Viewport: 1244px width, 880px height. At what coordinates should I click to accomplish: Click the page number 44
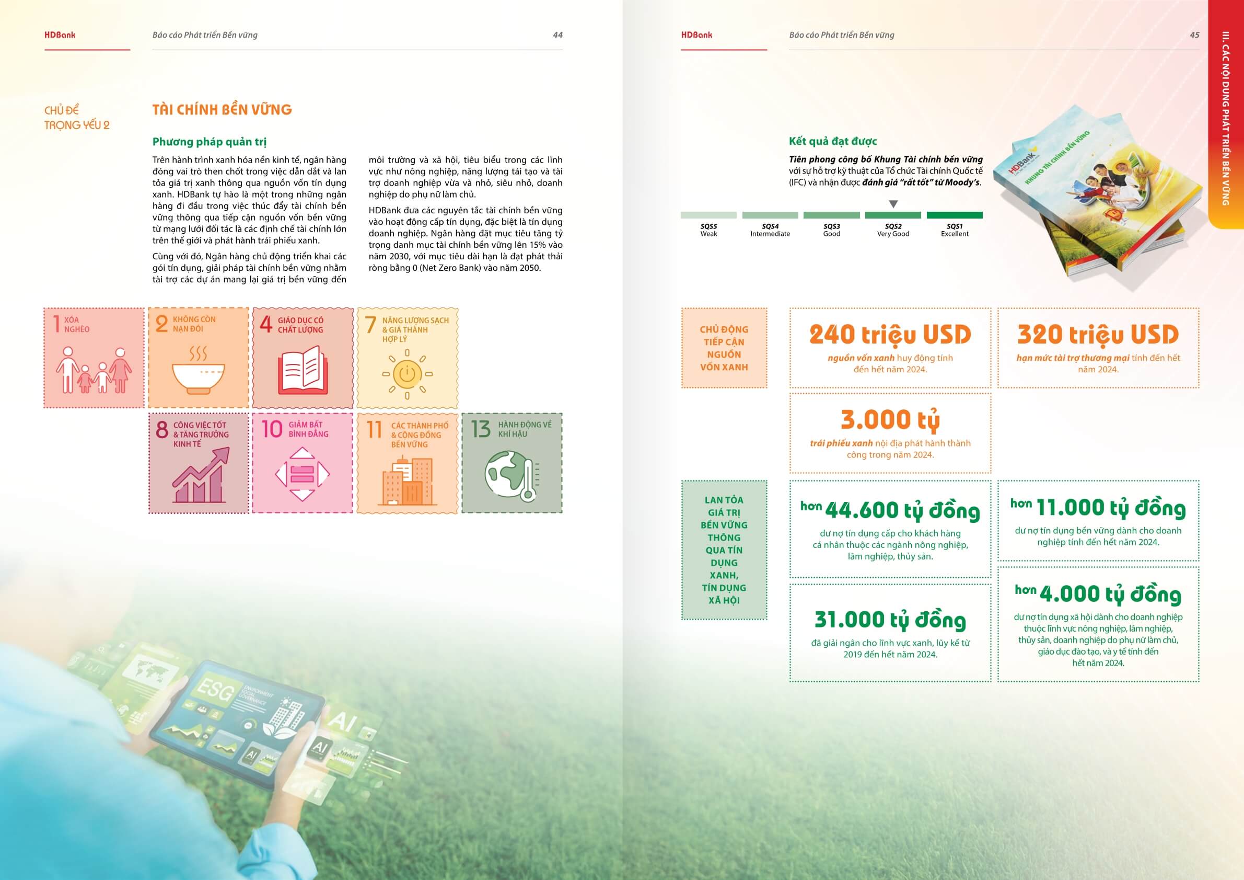pos(557,35)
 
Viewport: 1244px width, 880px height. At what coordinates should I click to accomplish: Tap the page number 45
pos(1194,35)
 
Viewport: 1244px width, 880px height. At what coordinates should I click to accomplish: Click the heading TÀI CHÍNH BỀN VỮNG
pos(222,109)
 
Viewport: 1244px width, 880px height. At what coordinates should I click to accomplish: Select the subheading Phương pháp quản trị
pos(209,142)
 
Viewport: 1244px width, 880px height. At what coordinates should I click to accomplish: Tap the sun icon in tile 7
pos(407,373)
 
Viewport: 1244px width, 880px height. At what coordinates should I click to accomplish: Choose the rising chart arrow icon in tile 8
pos(201,475)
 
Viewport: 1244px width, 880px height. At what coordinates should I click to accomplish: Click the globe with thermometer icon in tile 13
pos(511,475)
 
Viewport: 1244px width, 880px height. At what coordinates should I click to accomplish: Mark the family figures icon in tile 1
pos(94,371)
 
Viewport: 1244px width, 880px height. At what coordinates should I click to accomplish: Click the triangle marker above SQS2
pos(893,204)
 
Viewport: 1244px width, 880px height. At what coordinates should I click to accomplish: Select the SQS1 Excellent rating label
pos(954,230)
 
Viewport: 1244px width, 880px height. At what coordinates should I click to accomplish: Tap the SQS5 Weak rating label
pos(708,230)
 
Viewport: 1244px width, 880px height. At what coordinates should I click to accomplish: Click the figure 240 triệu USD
pos(890,335)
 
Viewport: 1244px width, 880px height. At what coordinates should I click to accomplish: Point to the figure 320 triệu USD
pos(1098,335)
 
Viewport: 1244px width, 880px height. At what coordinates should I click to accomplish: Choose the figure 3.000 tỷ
pos(890,420)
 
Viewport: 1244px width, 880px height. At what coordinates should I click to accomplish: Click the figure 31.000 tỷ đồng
pos(890,620)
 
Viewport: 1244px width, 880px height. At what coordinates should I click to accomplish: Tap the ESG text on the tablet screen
pos(215,692)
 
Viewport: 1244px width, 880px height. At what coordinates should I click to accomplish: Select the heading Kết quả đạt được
pos(833,142)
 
